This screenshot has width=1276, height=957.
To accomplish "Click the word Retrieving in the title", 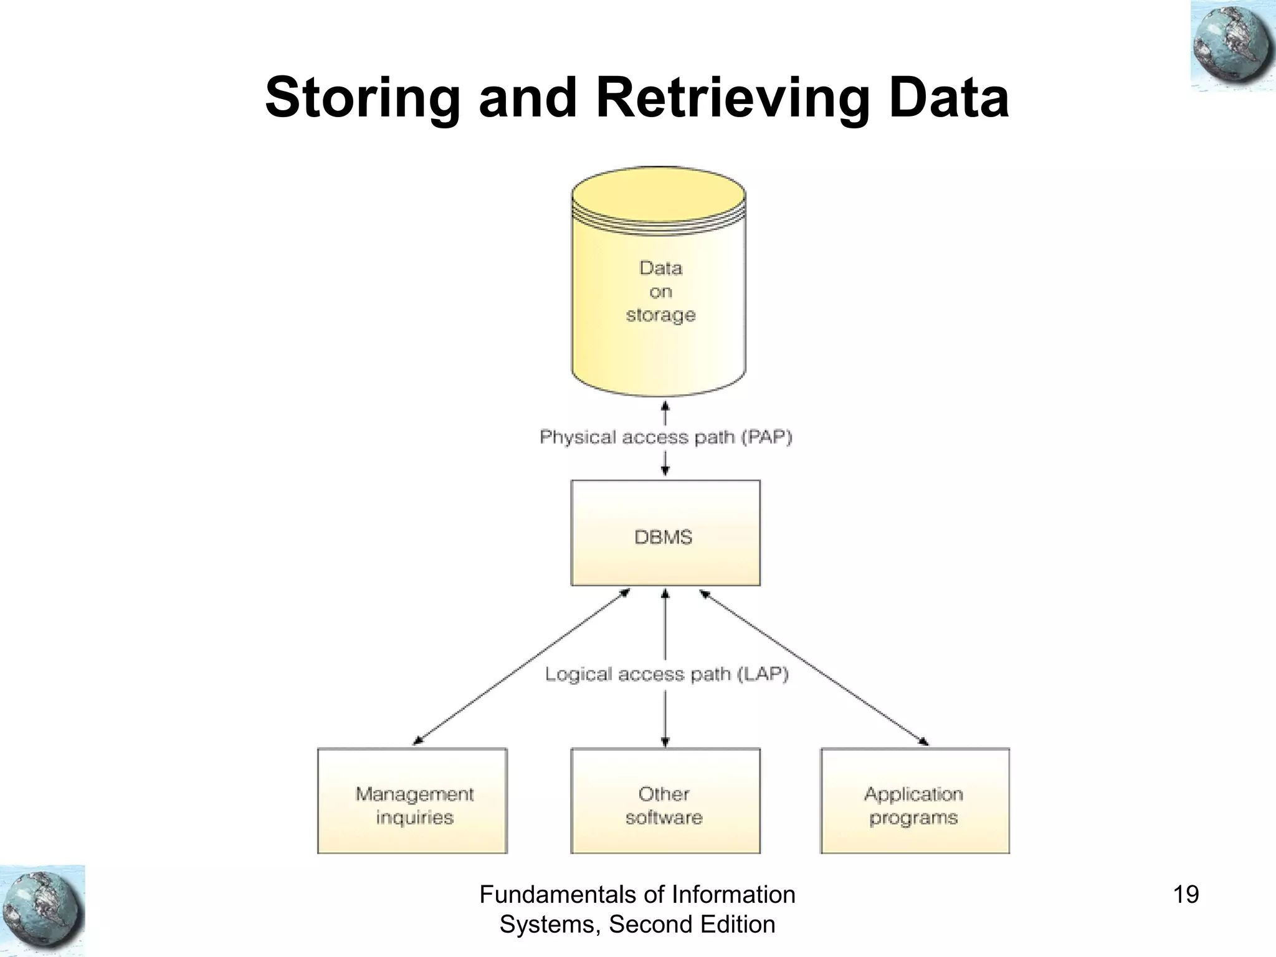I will (731, 98).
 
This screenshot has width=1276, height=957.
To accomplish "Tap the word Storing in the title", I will (361, 98).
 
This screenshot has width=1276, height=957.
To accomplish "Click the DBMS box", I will (665, 533).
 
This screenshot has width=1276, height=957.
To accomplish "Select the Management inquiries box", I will (412, 801).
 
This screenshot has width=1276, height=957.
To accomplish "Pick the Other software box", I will (665, 801).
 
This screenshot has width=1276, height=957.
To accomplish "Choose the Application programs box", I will (915, 801).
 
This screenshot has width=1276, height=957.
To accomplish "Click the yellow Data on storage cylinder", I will (659, 293).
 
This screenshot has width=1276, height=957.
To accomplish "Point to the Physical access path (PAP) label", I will (665, 437).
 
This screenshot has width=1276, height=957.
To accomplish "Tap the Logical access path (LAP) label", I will (667, 674).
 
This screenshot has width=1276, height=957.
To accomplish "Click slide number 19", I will (1186, 895).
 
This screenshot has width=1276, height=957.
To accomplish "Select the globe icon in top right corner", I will (1232, 47).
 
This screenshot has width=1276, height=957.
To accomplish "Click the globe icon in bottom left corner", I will (42, 910).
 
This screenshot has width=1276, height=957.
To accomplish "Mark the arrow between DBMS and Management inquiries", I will (522, 667).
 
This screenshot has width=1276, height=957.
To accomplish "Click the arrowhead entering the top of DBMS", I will (665, 471).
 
